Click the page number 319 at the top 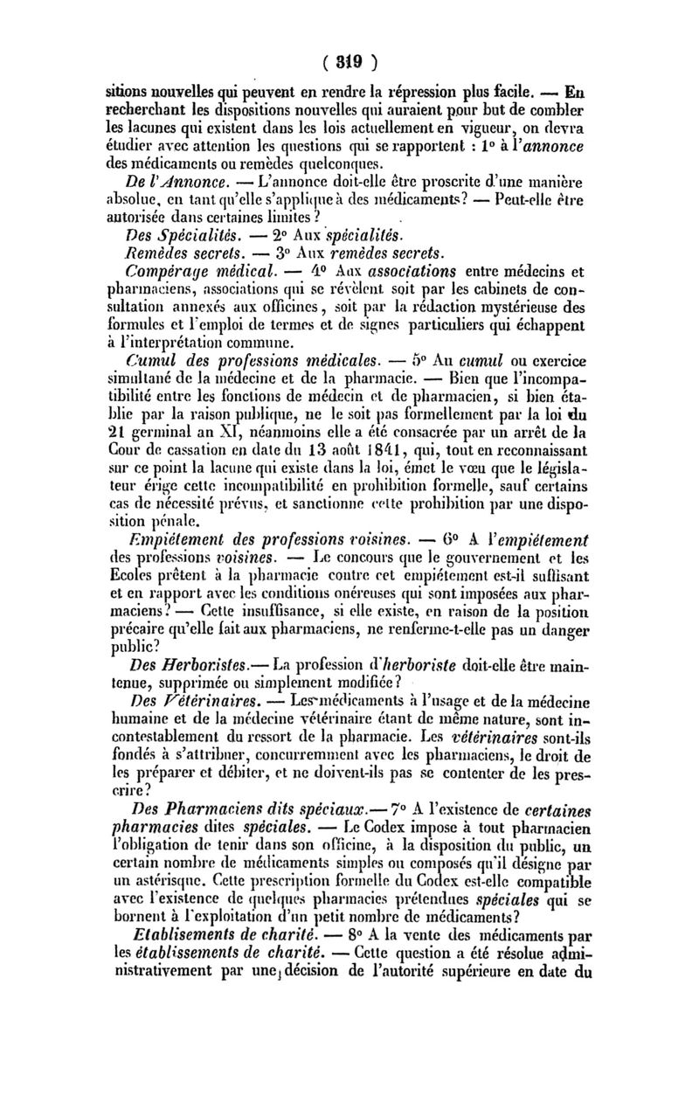[350, 62]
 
